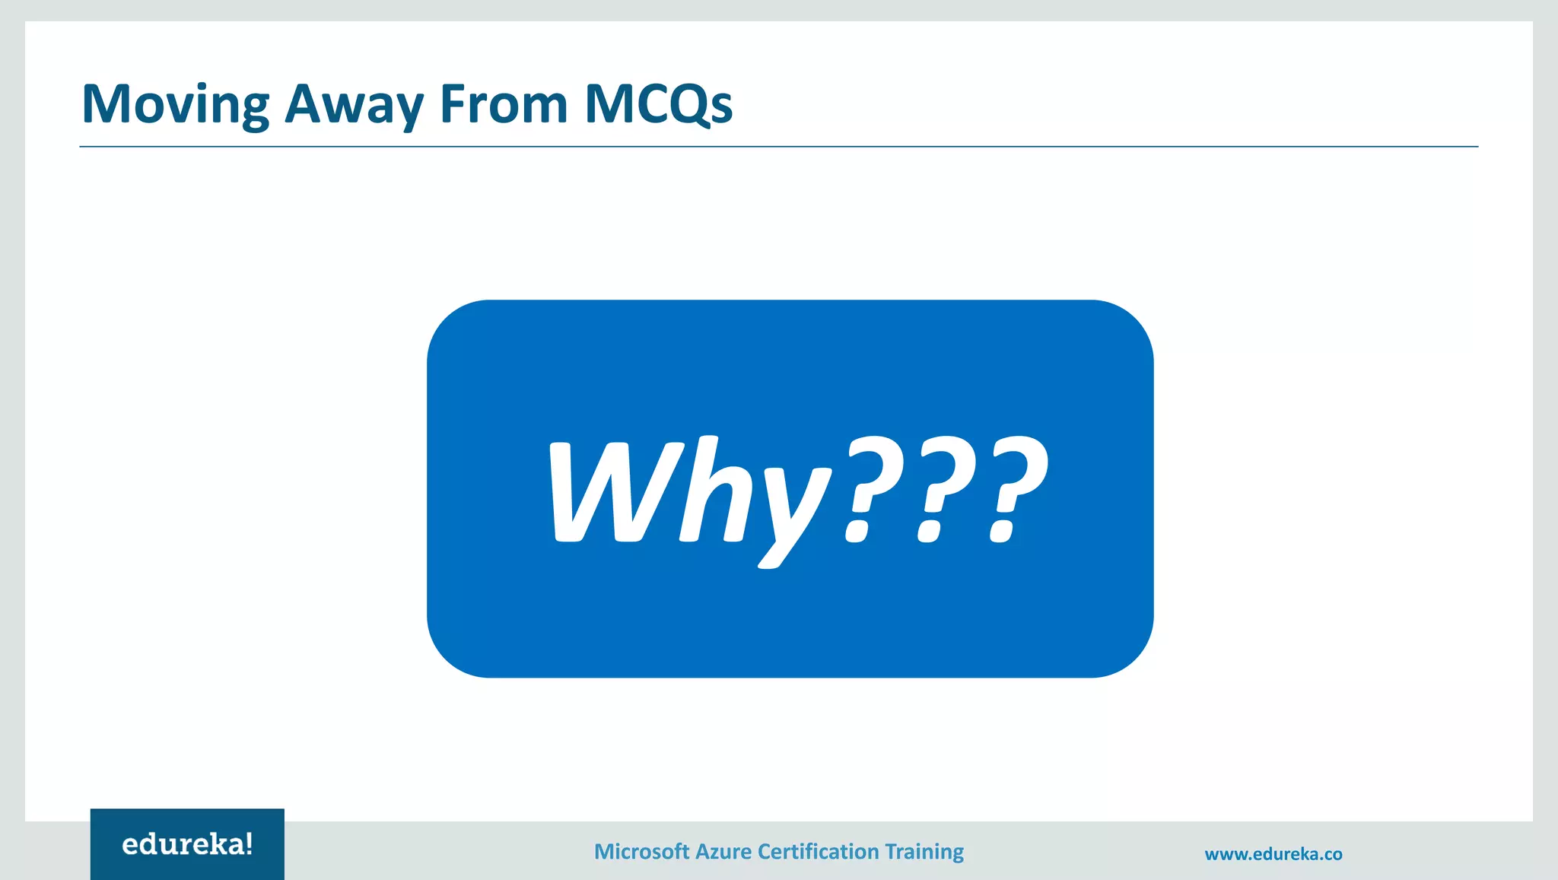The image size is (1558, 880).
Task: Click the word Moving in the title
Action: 176,104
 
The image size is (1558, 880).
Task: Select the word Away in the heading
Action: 354,104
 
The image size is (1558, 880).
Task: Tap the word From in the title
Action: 504,104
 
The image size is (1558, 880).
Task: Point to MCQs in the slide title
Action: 659,104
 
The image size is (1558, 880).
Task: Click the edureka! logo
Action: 187,844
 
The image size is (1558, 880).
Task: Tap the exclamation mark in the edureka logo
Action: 249,843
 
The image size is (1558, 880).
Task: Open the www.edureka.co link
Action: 1273,854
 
